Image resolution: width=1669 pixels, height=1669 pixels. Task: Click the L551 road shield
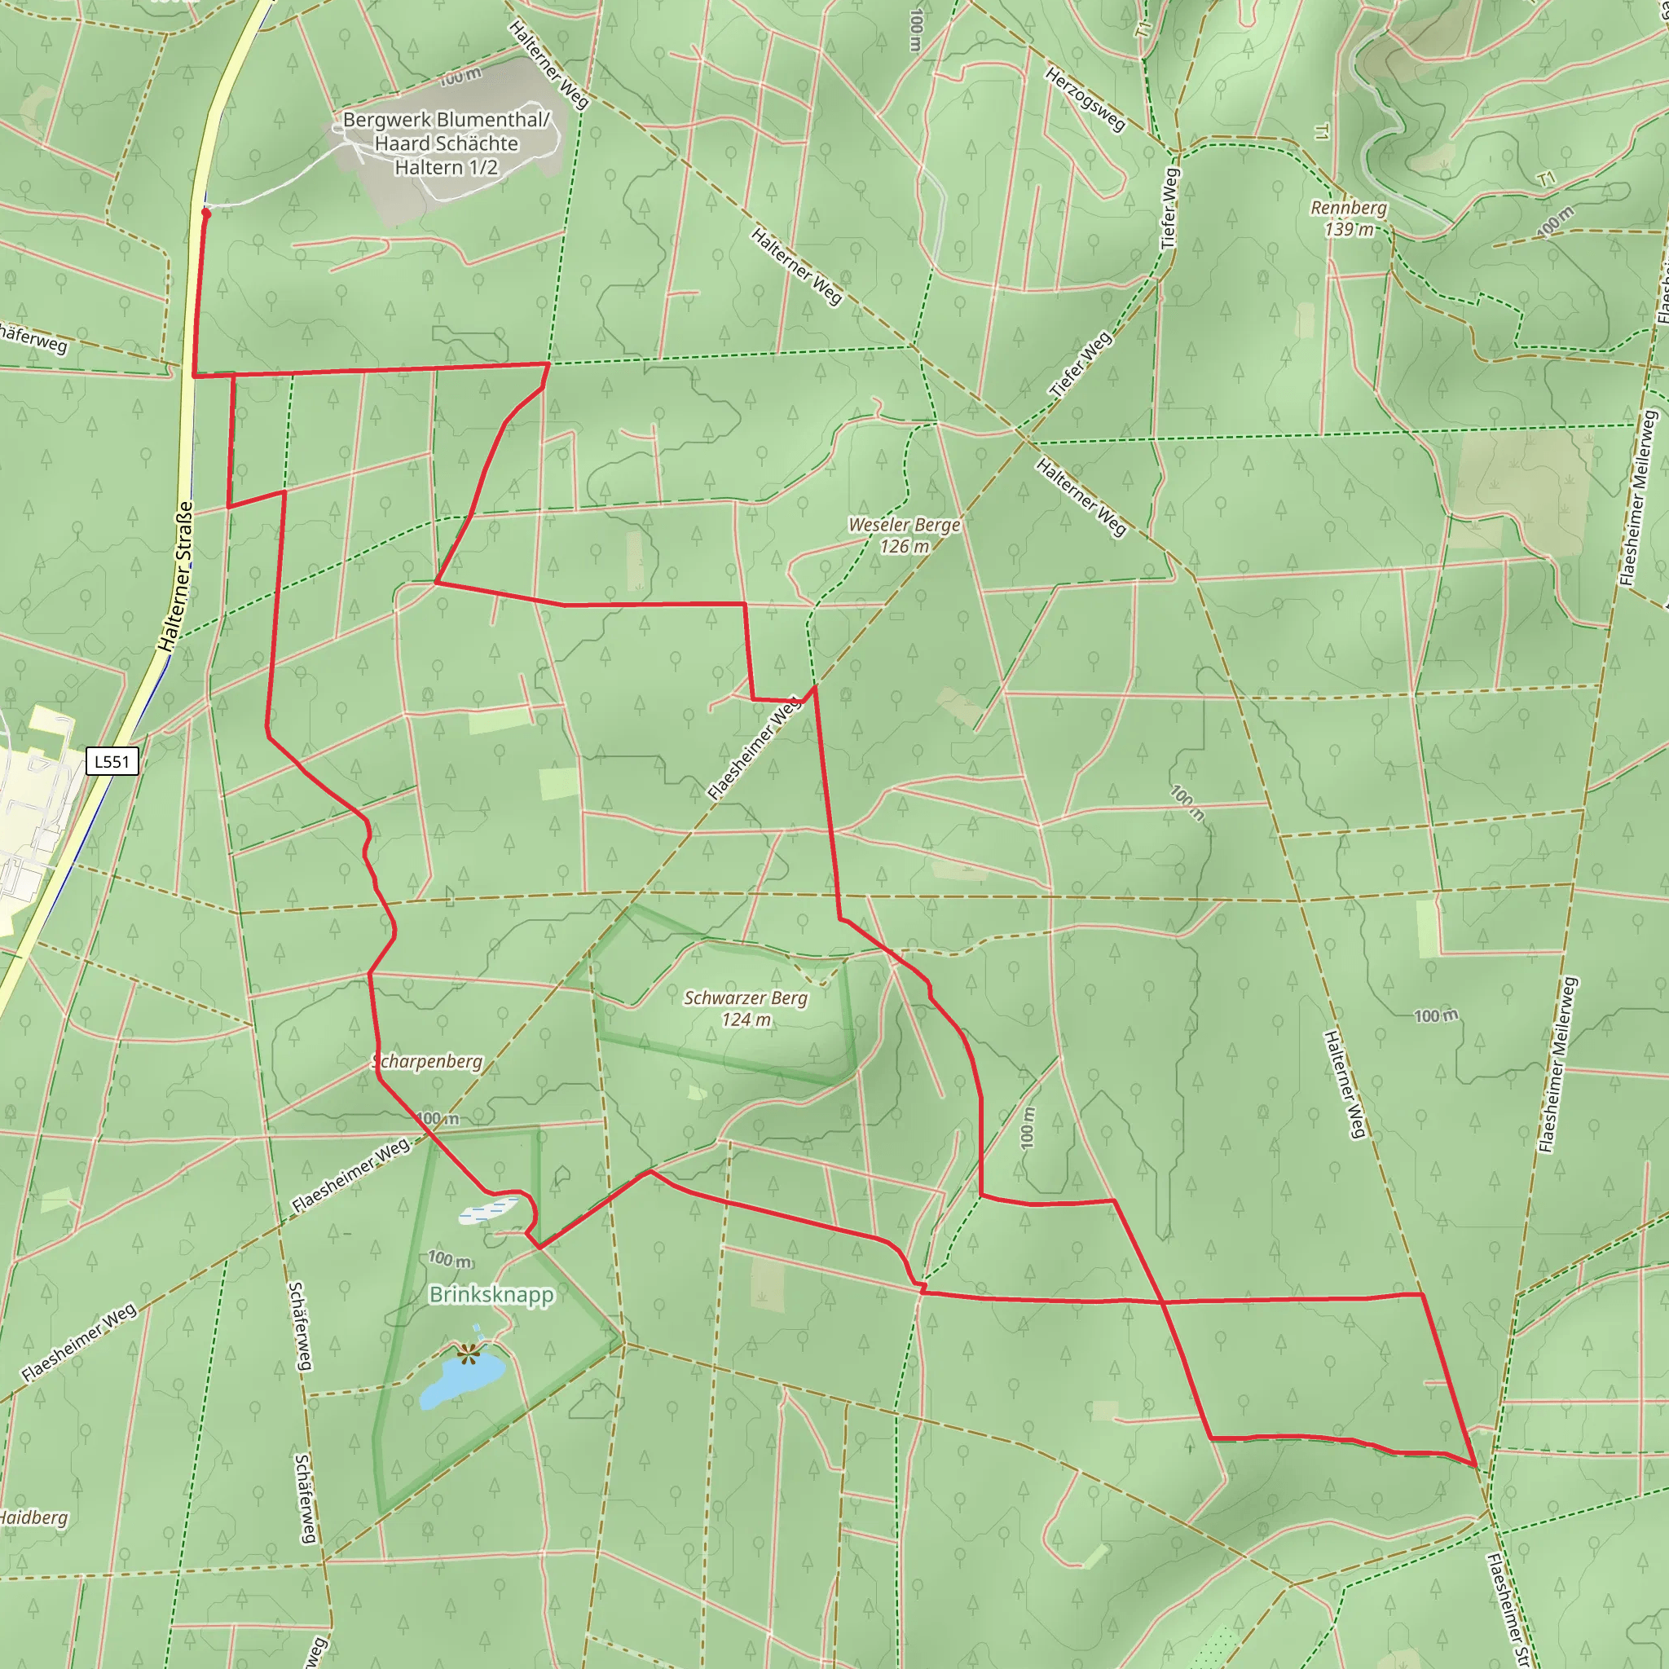112,761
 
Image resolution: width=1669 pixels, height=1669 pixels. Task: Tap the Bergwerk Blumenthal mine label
446,143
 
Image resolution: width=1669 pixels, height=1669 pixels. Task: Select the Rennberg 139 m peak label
1349,218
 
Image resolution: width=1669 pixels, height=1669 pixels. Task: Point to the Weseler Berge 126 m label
904,535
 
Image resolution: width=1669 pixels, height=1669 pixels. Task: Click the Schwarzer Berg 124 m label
746,1008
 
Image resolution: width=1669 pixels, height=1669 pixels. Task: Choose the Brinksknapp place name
491,1294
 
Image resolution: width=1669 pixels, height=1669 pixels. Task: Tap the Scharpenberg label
429,1061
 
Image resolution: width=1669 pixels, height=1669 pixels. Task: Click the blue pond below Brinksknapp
461,1379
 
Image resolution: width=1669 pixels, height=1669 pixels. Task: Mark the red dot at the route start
205,213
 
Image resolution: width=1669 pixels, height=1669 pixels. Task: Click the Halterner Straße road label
175,577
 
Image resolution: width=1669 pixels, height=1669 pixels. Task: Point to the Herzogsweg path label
1085,99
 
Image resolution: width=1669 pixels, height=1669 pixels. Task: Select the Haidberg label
33,1517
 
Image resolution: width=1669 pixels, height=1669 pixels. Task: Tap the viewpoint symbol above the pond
469,1353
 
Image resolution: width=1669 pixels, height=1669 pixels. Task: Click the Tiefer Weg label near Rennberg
1169,208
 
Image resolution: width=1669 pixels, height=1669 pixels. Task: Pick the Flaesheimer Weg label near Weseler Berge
754,749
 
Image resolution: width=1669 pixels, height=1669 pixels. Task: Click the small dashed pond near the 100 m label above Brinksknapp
489,1209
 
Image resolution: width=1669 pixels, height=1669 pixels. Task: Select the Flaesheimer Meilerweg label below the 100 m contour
1558,1064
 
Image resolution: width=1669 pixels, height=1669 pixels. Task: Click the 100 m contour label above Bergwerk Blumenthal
460,77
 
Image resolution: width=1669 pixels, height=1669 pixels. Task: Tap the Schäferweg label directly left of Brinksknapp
300,1325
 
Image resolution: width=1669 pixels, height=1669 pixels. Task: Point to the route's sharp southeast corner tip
1476,1466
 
